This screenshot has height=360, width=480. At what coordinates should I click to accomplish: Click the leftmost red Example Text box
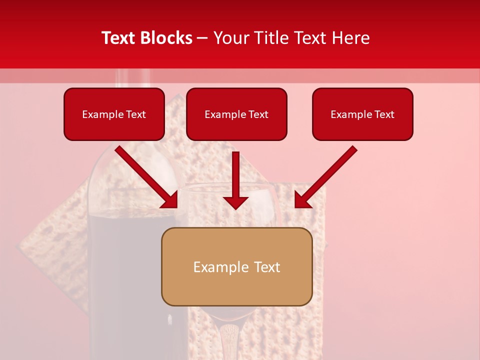click(x=114, y=114)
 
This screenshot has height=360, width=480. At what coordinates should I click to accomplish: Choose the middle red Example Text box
click(x=236, y=114)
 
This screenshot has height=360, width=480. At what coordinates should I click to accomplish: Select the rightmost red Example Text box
click(x=362, y=114)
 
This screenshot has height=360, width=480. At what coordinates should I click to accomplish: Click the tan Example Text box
click(x=236, y=267)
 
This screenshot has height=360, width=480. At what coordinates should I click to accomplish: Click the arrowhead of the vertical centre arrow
click(x=235, y=202)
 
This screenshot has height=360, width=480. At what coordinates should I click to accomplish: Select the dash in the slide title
click(x=203, y=38)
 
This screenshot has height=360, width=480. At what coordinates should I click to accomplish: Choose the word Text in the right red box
click(x=383, y=114)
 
